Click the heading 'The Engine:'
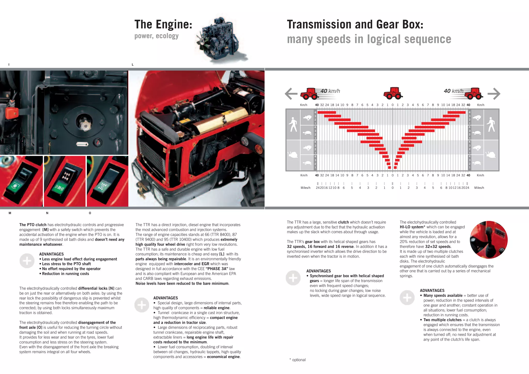pyautogui.click(x=163, y=25)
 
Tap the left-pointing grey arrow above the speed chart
pyautogui.click(x=291, y=93)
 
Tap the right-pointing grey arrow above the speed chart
pyautogui.click(x=494, y=93)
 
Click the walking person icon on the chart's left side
pyautogui.click(x=293, y=124)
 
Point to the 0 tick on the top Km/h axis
pyautogui.click(x=392, y=105)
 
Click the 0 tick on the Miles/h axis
pyautogui.click(x=392, y=188)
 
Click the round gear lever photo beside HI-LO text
pyautogui.click(x=488, y=240)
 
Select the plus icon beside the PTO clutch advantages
pyautogui.click(x=27, y=261)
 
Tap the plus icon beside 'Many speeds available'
pyautogui.click(x=407, y=298)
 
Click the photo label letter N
pyautogui.click(x=47, y=213)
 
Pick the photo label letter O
pyautogui.click(x=90, y=213)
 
